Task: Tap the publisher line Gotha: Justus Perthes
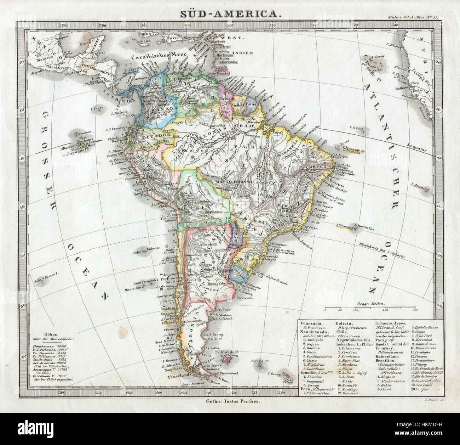232,402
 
